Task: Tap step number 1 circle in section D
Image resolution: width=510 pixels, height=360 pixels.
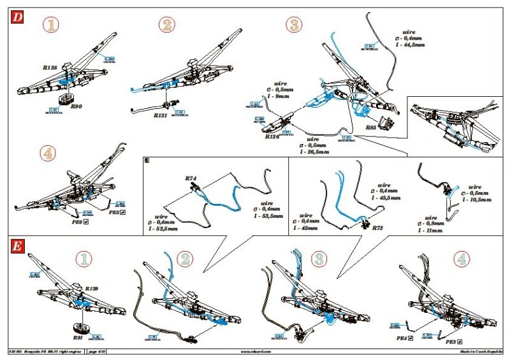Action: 51,25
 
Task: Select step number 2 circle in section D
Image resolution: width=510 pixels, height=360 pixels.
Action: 167,25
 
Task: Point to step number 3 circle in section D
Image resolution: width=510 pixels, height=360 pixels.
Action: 295,25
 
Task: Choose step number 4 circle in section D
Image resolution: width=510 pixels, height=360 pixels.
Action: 50,154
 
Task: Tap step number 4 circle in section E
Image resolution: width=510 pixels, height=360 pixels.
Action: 463,259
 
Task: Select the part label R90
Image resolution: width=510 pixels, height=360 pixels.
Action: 76,106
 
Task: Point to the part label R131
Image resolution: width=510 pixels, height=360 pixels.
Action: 161,116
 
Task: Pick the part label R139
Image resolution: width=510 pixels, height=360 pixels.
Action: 92,289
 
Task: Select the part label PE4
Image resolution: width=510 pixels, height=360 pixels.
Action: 402,338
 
